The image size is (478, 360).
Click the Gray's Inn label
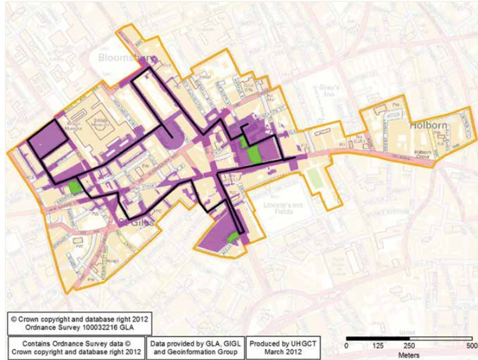coord(329,91)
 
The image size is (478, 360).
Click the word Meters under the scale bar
coord(407,354)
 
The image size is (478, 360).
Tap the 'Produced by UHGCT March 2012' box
coord(282,347)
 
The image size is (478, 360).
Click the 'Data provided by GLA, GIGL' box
coord(195,347)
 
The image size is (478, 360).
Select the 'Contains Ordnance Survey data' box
coord(76,347)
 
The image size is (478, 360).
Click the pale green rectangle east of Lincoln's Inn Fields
coord(315,177)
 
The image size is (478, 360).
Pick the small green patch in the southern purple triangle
coord(233,237)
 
